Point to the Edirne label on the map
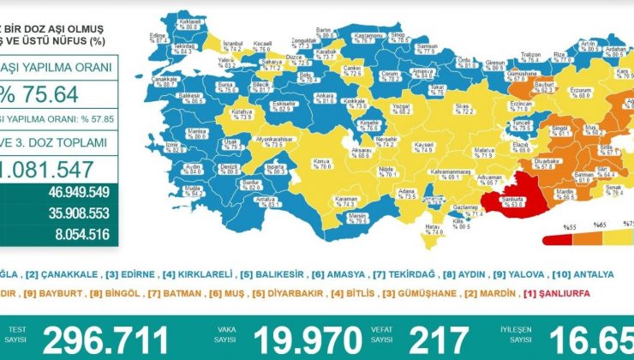[158, 37]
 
